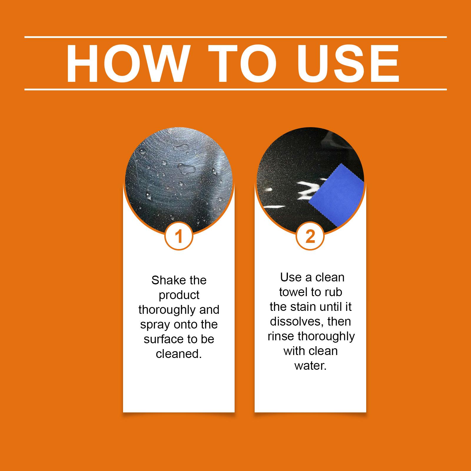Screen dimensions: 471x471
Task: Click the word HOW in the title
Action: [127, 64]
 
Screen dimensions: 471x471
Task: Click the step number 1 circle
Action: [179, 236]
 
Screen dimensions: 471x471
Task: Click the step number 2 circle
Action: [310, 236]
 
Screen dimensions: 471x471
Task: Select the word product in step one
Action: [179, 295]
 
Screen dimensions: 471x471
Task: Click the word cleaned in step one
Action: [178, 354]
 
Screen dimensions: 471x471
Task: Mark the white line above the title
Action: [235, 37]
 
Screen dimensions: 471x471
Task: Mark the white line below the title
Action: [235, 89]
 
